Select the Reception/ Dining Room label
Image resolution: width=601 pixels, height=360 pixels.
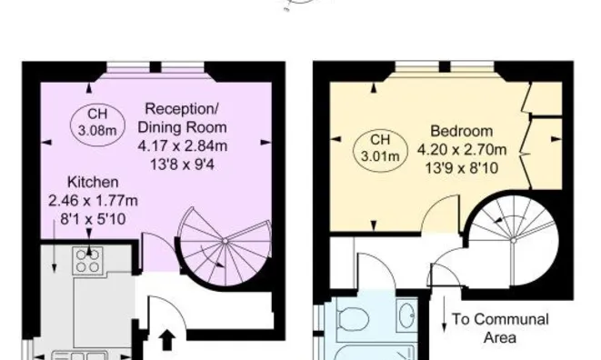tap(182, 118)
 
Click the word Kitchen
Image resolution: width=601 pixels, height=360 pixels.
tap(93, 182)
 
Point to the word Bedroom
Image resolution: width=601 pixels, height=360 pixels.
tap(462, 131)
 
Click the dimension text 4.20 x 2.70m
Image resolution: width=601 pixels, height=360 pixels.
tap(462, 149)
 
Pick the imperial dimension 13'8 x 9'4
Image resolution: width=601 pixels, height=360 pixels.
tap(182, 165)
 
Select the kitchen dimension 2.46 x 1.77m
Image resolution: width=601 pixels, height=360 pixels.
tap(93, 201)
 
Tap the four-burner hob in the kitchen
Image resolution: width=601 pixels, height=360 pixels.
tap(88, 260)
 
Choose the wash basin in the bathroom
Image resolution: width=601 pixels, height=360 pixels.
tap(406, 315)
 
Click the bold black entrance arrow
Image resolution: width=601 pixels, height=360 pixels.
tap(167, 340)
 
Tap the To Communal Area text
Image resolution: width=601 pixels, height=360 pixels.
tap(500, 328)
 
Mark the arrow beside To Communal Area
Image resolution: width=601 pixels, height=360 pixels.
tap(445, 314)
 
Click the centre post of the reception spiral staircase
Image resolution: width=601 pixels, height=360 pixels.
tap(225, 241)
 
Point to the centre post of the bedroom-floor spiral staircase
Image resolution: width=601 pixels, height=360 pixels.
tap(513, 240)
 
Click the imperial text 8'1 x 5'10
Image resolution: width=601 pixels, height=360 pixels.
tap(93, 219)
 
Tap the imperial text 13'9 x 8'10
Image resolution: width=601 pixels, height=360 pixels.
tap(462, 168)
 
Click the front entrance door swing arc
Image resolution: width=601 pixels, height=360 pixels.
tap(175, 305)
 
